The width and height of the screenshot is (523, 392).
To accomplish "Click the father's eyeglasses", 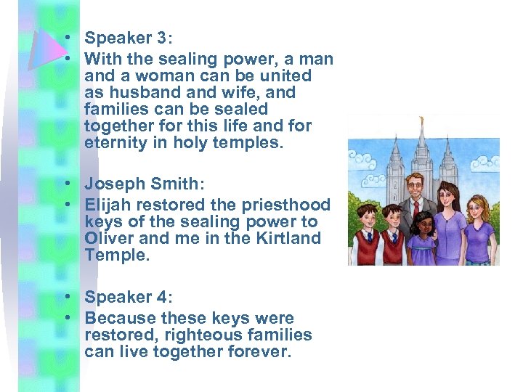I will point(415,185).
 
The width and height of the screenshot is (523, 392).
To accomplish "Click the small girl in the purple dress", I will point(422,240).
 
